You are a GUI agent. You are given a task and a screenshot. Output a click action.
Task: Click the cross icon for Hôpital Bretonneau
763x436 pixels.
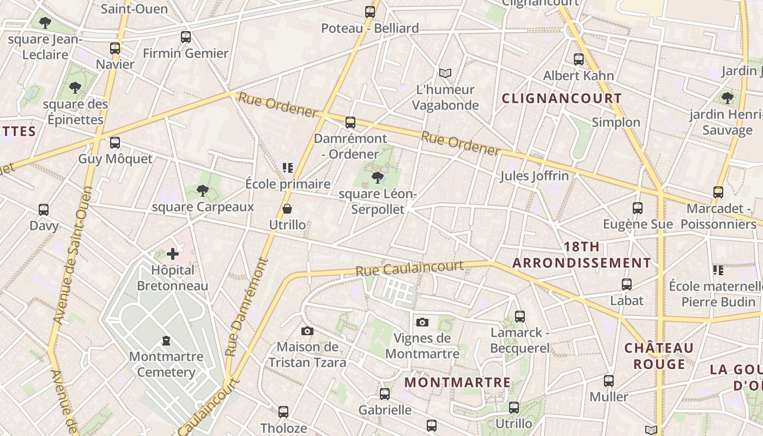tap(173, 254)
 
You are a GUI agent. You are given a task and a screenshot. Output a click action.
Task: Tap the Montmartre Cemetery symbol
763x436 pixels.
tap(166, 341)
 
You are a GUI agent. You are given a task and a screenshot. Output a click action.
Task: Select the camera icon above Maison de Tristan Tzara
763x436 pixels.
tap(307, 331)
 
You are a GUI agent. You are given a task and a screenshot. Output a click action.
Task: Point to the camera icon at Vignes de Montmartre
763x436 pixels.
tap(422, 322)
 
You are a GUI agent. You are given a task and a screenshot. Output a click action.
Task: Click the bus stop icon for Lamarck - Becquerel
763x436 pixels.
tap(519, 316)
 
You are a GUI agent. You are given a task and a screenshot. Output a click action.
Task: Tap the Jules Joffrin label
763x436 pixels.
tap(534, 176)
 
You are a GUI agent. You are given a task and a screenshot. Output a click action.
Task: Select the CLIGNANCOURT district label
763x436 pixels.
tap(561, 99)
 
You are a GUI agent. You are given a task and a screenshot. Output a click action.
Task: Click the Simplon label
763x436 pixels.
tap(616, 122)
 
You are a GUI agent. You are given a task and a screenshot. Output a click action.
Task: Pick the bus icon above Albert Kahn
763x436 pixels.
tap(578, 59)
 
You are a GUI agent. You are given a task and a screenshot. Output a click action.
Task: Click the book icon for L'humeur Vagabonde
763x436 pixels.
tap(445, 73)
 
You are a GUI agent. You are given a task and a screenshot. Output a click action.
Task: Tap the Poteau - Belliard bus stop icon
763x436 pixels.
tap(370, 11)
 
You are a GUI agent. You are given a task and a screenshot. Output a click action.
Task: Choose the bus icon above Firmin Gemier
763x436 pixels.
tap(186, 37)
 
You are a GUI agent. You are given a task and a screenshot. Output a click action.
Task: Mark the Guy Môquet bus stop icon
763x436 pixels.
tap(115, 143)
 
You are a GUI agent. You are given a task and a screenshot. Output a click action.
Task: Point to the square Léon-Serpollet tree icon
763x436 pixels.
tap(377, 177)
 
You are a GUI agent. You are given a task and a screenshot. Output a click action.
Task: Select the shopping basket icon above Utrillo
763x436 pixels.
tap(287, 209)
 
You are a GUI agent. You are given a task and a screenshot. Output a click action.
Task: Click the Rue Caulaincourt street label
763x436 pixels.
tap(409, 268)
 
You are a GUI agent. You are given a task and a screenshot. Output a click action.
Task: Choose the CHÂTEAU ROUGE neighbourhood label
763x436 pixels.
tap(659, 356)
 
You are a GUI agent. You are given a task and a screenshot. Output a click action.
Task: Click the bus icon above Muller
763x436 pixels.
tap(609, 381)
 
